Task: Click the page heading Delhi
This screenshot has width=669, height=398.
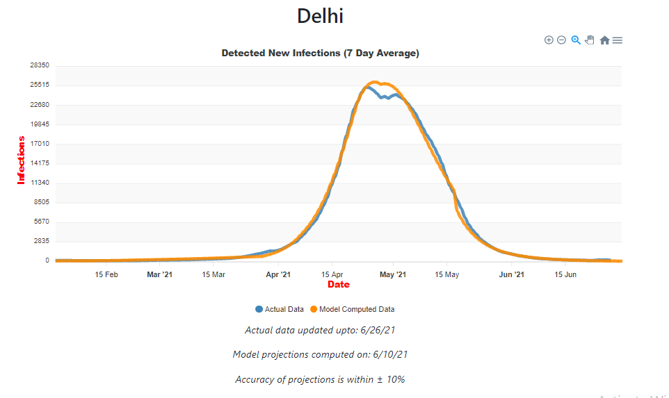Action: click(320, 16)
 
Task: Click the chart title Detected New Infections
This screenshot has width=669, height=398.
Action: click(320, 53)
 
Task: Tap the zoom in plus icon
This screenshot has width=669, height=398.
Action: click(549, 40)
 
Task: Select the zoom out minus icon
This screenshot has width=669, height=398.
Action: click(561, 40)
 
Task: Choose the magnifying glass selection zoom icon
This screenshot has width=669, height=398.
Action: click(576, 40)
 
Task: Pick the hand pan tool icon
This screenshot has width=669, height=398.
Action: click(590, 40)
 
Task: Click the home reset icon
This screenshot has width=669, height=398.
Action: click(604, 40)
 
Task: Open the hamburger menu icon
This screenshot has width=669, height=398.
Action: click(618, 40)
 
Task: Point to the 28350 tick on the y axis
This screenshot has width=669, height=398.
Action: click(39, 65)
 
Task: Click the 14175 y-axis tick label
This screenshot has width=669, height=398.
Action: click(39, 163)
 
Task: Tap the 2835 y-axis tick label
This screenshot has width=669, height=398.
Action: click(41, 241)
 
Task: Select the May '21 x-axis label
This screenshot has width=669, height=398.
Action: click(393, 274)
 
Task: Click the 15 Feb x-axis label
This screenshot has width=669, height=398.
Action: click(106, 274)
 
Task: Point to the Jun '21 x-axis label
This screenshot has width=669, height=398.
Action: click(512, 274)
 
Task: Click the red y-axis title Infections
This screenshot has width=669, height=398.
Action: click(21, 160)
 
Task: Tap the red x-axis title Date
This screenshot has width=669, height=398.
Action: click(339, 285)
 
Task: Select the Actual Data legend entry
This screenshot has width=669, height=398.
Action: click(280, 309)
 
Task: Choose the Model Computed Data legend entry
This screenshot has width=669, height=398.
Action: click(352, 309)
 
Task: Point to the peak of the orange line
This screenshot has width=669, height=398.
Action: click(374, 82)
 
